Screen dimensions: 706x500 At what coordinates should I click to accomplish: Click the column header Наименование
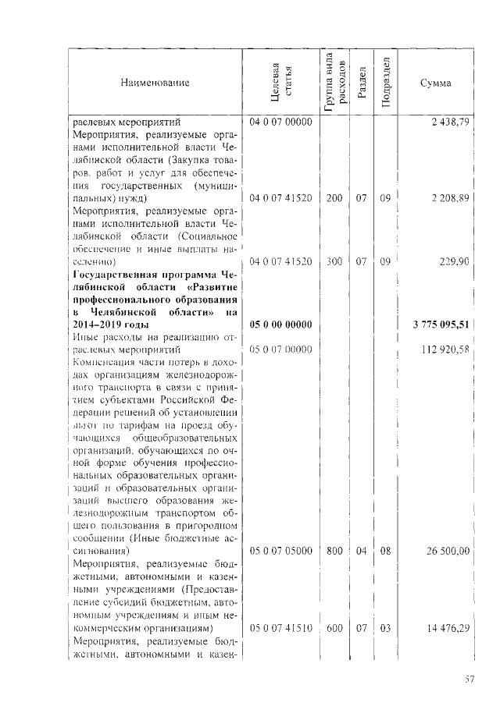(x=155, y=83)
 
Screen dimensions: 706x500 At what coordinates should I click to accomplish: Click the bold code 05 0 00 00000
(x=280, y=325)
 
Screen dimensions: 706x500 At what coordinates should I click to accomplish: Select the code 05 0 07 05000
(x=280, y=551)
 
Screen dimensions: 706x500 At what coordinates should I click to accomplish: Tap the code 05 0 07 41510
(x=280, y=627)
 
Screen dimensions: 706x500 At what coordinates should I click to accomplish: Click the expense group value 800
(x=334, y=551)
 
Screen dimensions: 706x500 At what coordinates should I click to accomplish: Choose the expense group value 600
(x=334, y=627)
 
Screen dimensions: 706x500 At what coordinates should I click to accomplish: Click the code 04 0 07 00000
(x=280, y=122)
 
